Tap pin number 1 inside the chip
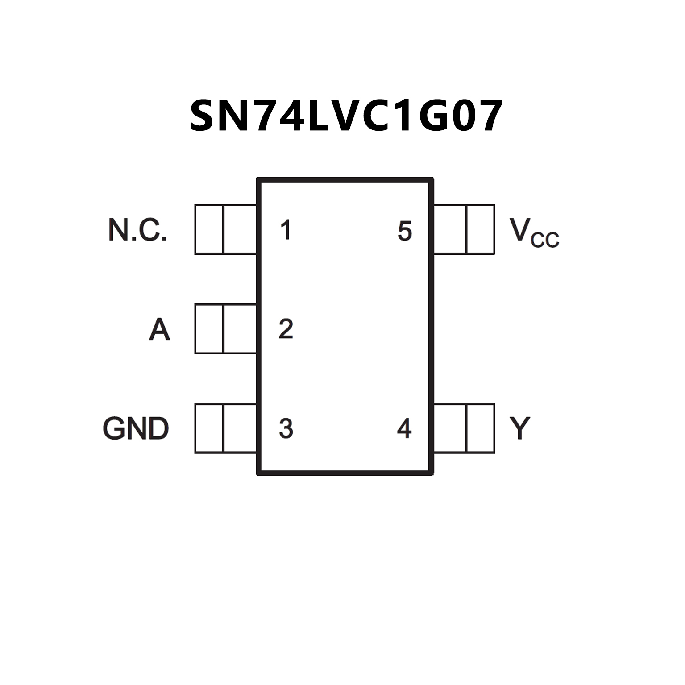pyautogui.click(x=286, y=230)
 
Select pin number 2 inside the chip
pyautogui.click(x=286, y=329)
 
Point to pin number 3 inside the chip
pyautogui.click(x=286, y=428)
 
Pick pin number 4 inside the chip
pyautogui.click(x=404, y=428)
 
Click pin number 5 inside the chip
pyautogui.click(x=404, y=231)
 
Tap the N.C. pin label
pyautogui.click(x=137, y=230)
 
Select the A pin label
pyautogui.click(x=159, y=330)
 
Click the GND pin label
pyautogui.click(x=136, y=428)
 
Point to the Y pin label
pyautogui.click(x=519, y=428)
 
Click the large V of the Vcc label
pyautogui.click(x=519, y=229)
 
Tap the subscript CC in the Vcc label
pyautogui.click(x=545, y=240)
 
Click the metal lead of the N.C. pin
pyautogui.click(x=226, y=229)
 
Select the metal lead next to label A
pyautogui.click(x=226, y=329)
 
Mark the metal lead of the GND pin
pyautogui.click(x=226, y=428)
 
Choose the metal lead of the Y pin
pyautogui.click(x=464, y=428)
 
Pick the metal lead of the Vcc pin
pyautogui.click(x=464, y=229)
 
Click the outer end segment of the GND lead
pyautogui.click(x=209, y=428)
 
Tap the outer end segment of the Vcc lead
pyautogui.click(x=481, y=229)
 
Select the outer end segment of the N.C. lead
pyautogui.click(x=209, y=229)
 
